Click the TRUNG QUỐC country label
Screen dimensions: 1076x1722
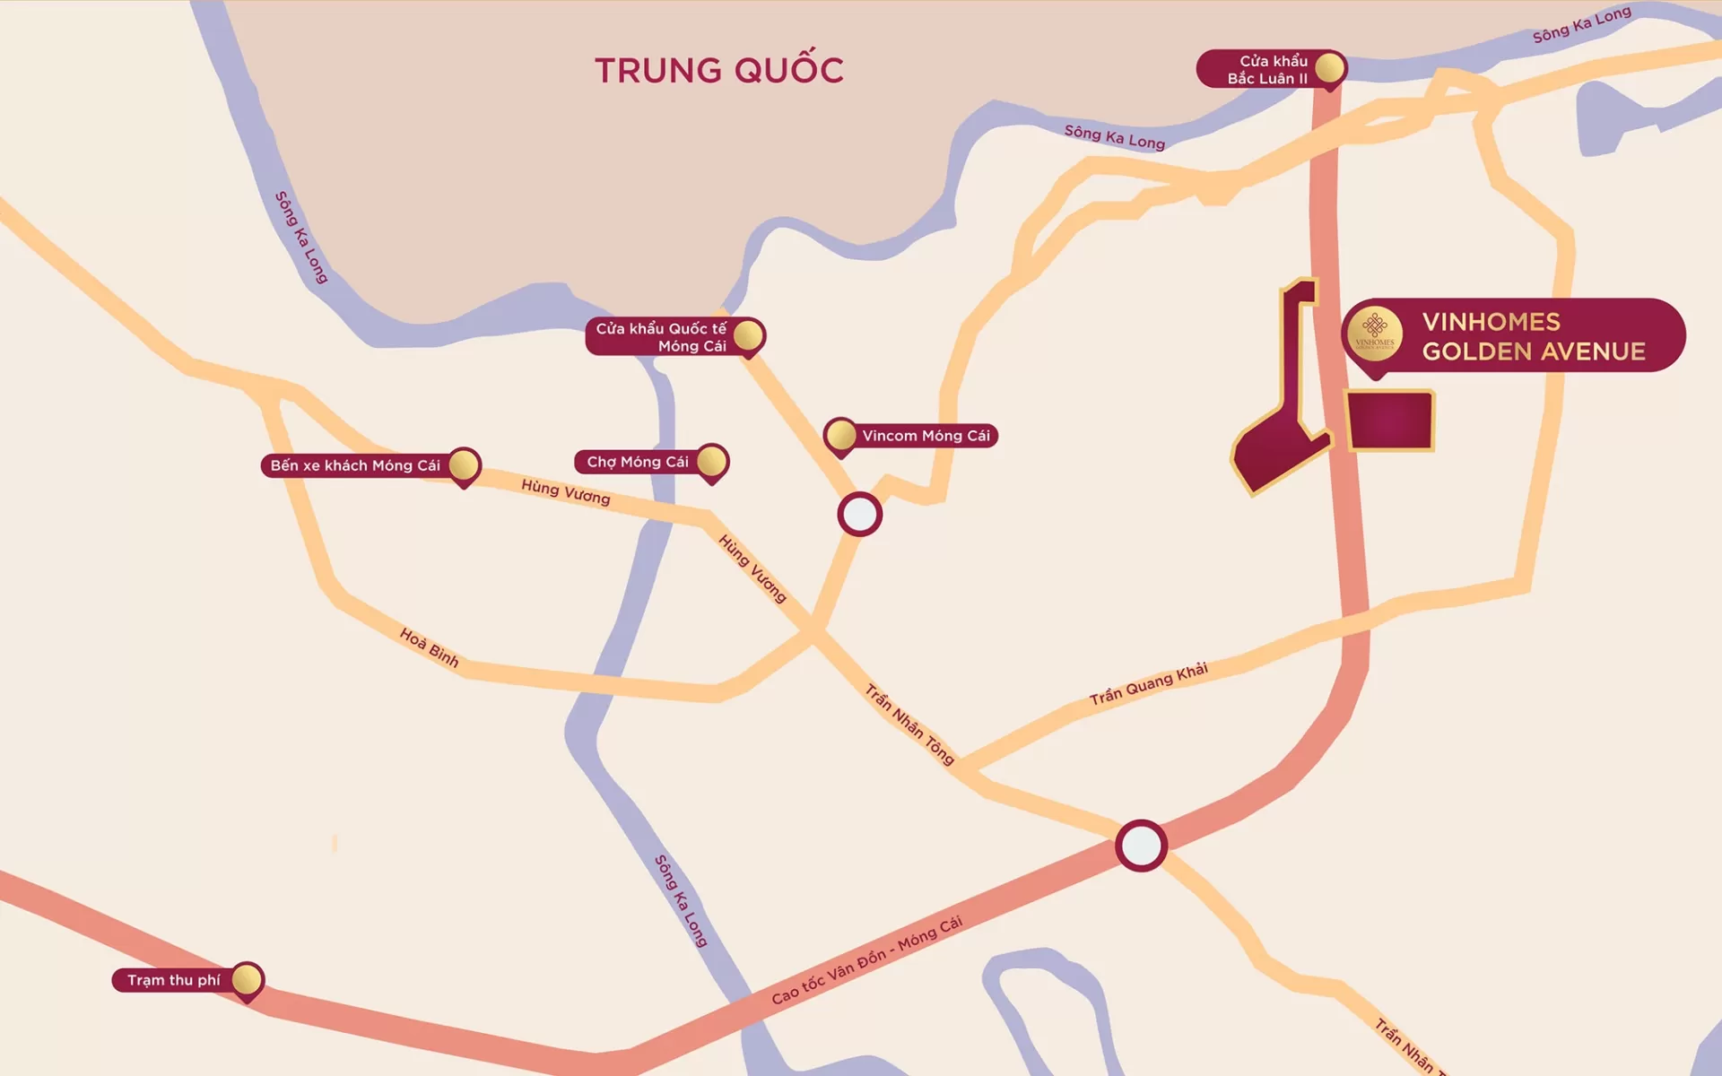pyautogui.click(x=719, y=70)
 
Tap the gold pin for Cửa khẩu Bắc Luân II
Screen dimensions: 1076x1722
pyautogui.click(x=1329, y=67)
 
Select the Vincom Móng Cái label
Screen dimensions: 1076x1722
pyautogui.click(x=926, y=436)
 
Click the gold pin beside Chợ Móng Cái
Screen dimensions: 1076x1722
pyautogui.click(x=711, y=461)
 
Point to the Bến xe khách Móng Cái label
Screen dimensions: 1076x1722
pyautogui.click(x=355, y=465)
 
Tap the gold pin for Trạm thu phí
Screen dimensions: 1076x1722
pyautogui.click(x=247, y=979)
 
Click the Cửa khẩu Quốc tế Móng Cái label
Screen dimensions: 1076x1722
pyautogui.click(x=661, y=337)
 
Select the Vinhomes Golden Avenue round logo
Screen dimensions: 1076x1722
pyautogui.click(x=1375, y=334)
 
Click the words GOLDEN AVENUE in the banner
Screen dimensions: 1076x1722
pyautogui.click(x=1534, y=351)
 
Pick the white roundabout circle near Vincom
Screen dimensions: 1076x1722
pyautogui.click(x=860, y=514)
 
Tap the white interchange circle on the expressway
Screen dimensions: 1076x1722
pyautogui.click(x=1141, y=845)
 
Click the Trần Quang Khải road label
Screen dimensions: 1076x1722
pyautogui.click(x=1149, y=684)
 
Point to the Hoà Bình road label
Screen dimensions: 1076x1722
pyautogui.click(x=429, y=647)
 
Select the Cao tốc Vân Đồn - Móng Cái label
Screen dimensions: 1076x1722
pyautogui.click(x=866, y=960)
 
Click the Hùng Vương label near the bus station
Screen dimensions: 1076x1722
pyautogui.click(x=566, y=491)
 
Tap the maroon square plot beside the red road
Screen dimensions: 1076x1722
pyautogui.click(x=1389, y=420)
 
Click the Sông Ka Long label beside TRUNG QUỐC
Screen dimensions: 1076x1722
pyautogui.click(x=1115, y=137)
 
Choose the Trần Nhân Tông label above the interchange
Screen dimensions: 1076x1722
pyautogui.click(x=909, y=724)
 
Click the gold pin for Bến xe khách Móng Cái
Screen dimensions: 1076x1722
pyautogui.click(x=464, y=464)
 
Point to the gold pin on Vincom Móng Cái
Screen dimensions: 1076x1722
pyautogui.click(x=840, y=435)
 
